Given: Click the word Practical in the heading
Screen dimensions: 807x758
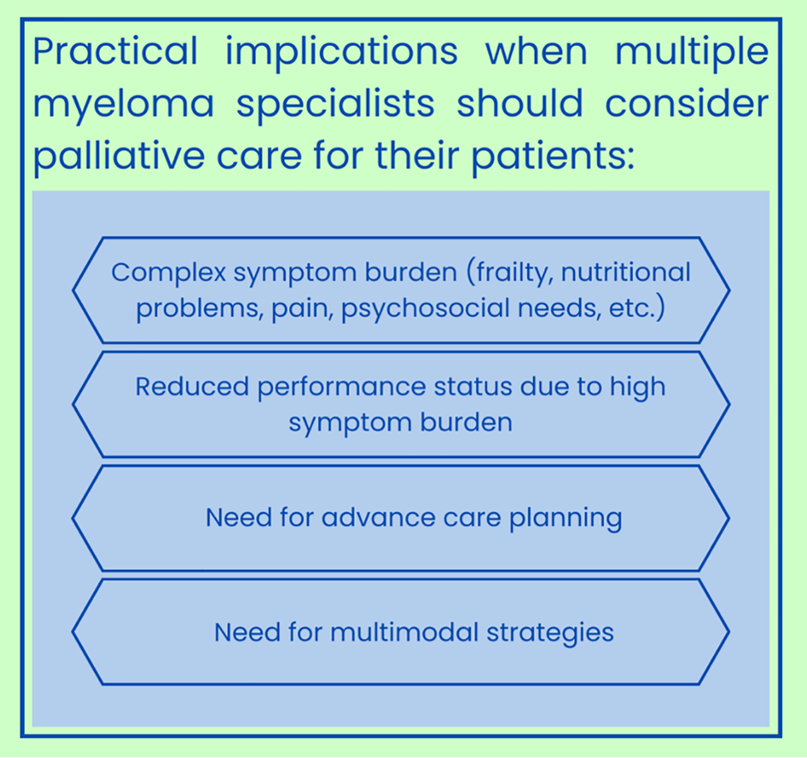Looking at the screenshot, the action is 115,51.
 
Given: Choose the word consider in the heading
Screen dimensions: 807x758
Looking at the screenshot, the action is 686,103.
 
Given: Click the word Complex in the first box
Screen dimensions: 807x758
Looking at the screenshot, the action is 168,272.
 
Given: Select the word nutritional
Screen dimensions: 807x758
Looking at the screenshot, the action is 625,272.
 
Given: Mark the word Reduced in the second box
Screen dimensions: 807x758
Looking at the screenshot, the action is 192,386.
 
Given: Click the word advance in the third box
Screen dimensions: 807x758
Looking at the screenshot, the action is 378,517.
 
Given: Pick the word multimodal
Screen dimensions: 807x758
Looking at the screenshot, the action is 404,632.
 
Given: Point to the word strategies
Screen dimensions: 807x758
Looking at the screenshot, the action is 550,633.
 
